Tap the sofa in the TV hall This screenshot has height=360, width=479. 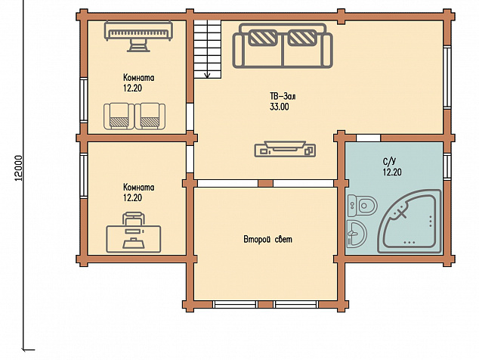(283, 46)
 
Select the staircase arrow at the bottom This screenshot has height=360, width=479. (208, 73)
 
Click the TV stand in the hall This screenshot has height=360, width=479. (285, 149)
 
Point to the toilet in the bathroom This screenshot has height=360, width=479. (363, 205)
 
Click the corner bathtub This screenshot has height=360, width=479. (409, 222)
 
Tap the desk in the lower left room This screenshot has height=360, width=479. (134, 239)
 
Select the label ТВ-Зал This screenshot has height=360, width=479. (283, 97)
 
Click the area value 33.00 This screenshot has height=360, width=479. (280, 107)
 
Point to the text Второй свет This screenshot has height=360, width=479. (267, 239)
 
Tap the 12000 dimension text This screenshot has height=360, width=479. (19, 168)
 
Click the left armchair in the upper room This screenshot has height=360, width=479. (119, 116)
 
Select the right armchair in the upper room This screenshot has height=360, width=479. (150, 116)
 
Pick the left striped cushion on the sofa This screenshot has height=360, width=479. (263, 38)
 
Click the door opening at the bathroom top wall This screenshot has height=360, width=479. (369, 138)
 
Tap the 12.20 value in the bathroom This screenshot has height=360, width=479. (392, 172)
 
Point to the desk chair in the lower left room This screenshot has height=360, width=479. (133, 218)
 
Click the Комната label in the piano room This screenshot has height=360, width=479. (139, 78)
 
